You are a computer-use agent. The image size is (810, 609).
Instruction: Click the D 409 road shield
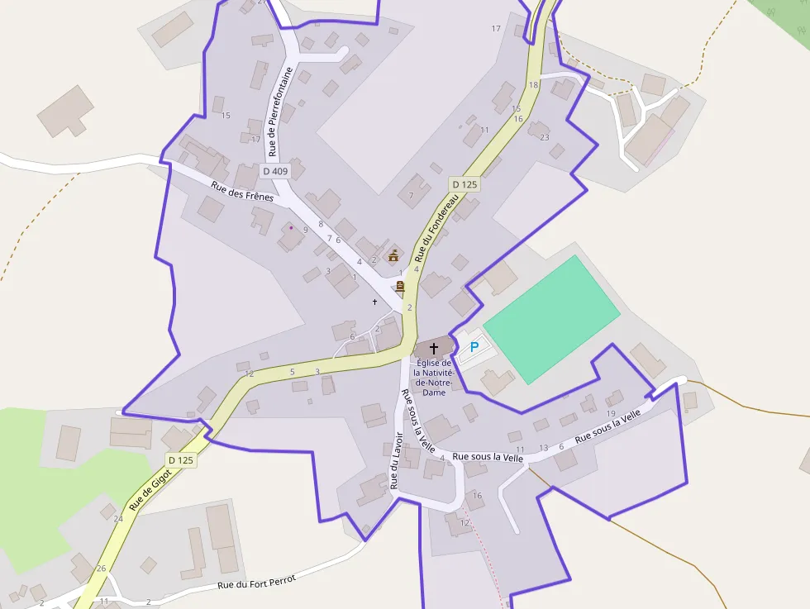point(275,171)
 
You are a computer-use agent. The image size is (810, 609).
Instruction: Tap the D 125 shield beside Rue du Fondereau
point(465,184)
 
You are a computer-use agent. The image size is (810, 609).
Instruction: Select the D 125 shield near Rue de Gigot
point(180,460)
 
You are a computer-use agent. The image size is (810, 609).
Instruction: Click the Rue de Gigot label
point(150,489)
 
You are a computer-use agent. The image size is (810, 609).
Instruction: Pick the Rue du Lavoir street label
point(396,461)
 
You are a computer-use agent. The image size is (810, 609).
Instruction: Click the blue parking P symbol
point(474,348)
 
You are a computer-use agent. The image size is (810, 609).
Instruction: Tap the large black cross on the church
point(434,349)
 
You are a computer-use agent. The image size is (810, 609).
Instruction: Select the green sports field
point(550,318)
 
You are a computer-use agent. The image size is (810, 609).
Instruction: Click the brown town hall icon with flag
point(393,255)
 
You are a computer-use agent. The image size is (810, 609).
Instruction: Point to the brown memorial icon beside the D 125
point(400,287)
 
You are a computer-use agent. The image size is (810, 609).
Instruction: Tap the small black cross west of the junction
point(374,302)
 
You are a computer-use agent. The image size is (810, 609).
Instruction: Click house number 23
point(544,137)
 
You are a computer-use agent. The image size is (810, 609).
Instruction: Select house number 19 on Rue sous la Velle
point(611,413)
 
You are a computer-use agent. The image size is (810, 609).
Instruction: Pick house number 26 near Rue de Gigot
point(101,569)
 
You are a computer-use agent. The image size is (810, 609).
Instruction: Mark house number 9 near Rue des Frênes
point(305,230)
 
